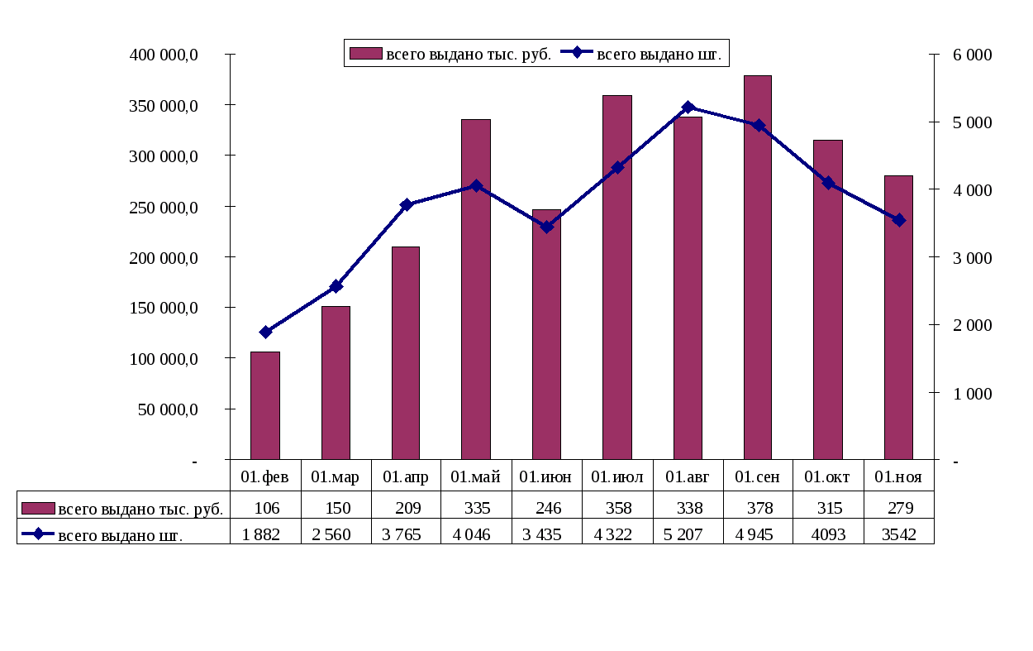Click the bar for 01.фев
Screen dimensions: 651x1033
point(265,405)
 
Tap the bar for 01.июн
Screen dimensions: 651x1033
point(546,334)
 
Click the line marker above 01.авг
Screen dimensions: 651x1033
point(688,108)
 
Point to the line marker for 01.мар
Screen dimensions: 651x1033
point(336,286)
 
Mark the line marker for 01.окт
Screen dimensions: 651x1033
point(828,183)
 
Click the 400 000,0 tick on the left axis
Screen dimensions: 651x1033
point(164,55)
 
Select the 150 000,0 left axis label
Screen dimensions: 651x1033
point(164,308)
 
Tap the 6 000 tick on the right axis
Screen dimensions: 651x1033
point(972,55)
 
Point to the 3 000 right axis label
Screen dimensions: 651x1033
point(972,257)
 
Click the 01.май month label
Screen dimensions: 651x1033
point(475,477)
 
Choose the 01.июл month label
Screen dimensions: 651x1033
point(616,477)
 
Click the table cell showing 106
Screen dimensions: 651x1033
point(266,508)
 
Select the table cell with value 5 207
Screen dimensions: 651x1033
point(687,534)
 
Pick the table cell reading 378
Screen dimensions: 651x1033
point(757,508)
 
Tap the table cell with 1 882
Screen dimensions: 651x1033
point(266,534)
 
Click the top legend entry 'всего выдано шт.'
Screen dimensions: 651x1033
point(659,54)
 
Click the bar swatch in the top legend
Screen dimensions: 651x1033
point(365,54)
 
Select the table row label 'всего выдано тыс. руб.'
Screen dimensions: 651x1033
point(140,509)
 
